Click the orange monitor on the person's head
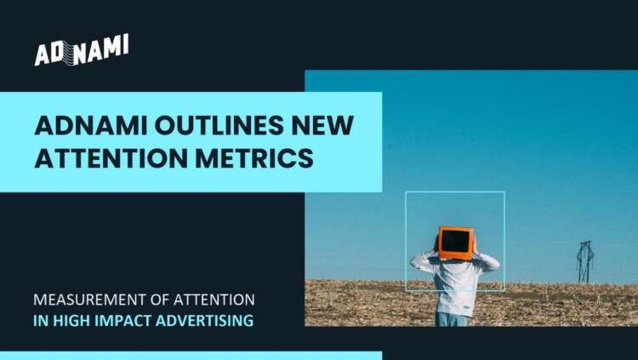point(455,243)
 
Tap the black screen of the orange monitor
point(455,242)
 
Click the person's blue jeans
point(453,318)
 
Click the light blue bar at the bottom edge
point(191,355)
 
